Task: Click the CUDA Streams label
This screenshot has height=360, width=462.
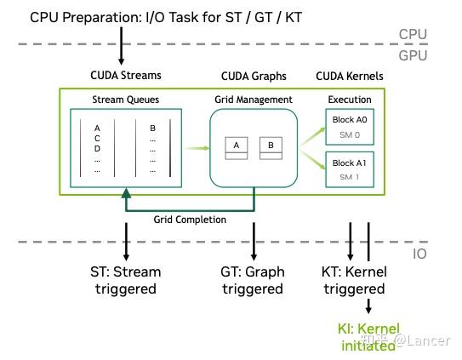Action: click(126, 76)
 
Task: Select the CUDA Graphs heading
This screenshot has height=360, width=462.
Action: click(254, 77)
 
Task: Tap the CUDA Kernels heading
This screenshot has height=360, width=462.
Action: click(350, 77)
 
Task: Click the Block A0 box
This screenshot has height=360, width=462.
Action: click(350, 127)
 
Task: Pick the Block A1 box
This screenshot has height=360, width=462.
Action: click(350, 169)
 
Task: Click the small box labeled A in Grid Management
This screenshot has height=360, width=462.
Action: click(237, 148)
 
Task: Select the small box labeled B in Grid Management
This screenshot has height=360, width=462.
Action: click(271, 148)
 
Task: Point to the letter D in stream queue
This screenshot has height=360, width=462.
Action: click(97, 149)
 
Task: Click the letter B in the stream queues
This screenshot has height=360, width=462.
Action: click(152, 129)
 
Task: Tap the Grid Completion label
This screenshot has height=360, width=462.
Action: click(190, 220)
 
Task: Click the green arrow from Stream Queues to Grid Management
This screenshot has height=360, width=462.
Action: click(197, 148)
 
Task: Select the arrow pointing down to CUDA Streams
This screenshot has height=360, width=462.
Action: click(121, 46)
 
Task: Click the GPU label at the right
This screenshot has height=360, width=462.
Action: click(413, 55)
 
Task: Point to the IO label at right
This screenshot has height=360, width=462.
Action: click(419, 254)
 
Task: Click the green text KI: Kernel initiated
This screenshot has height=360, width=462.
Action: click(368, 337)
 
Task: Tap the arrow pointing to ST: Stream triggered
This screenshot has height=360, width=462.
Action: click(126, 242)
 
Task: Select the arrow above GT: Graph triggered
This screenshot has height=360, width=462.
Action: click(254, 242)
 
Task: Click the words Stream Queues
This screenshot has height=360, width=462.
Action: click(126, 100)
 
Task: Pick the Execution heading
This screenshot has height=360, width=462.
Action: click(350, 100)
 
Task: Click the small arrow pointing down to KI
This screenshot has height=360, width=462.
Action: click(368, 306)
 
